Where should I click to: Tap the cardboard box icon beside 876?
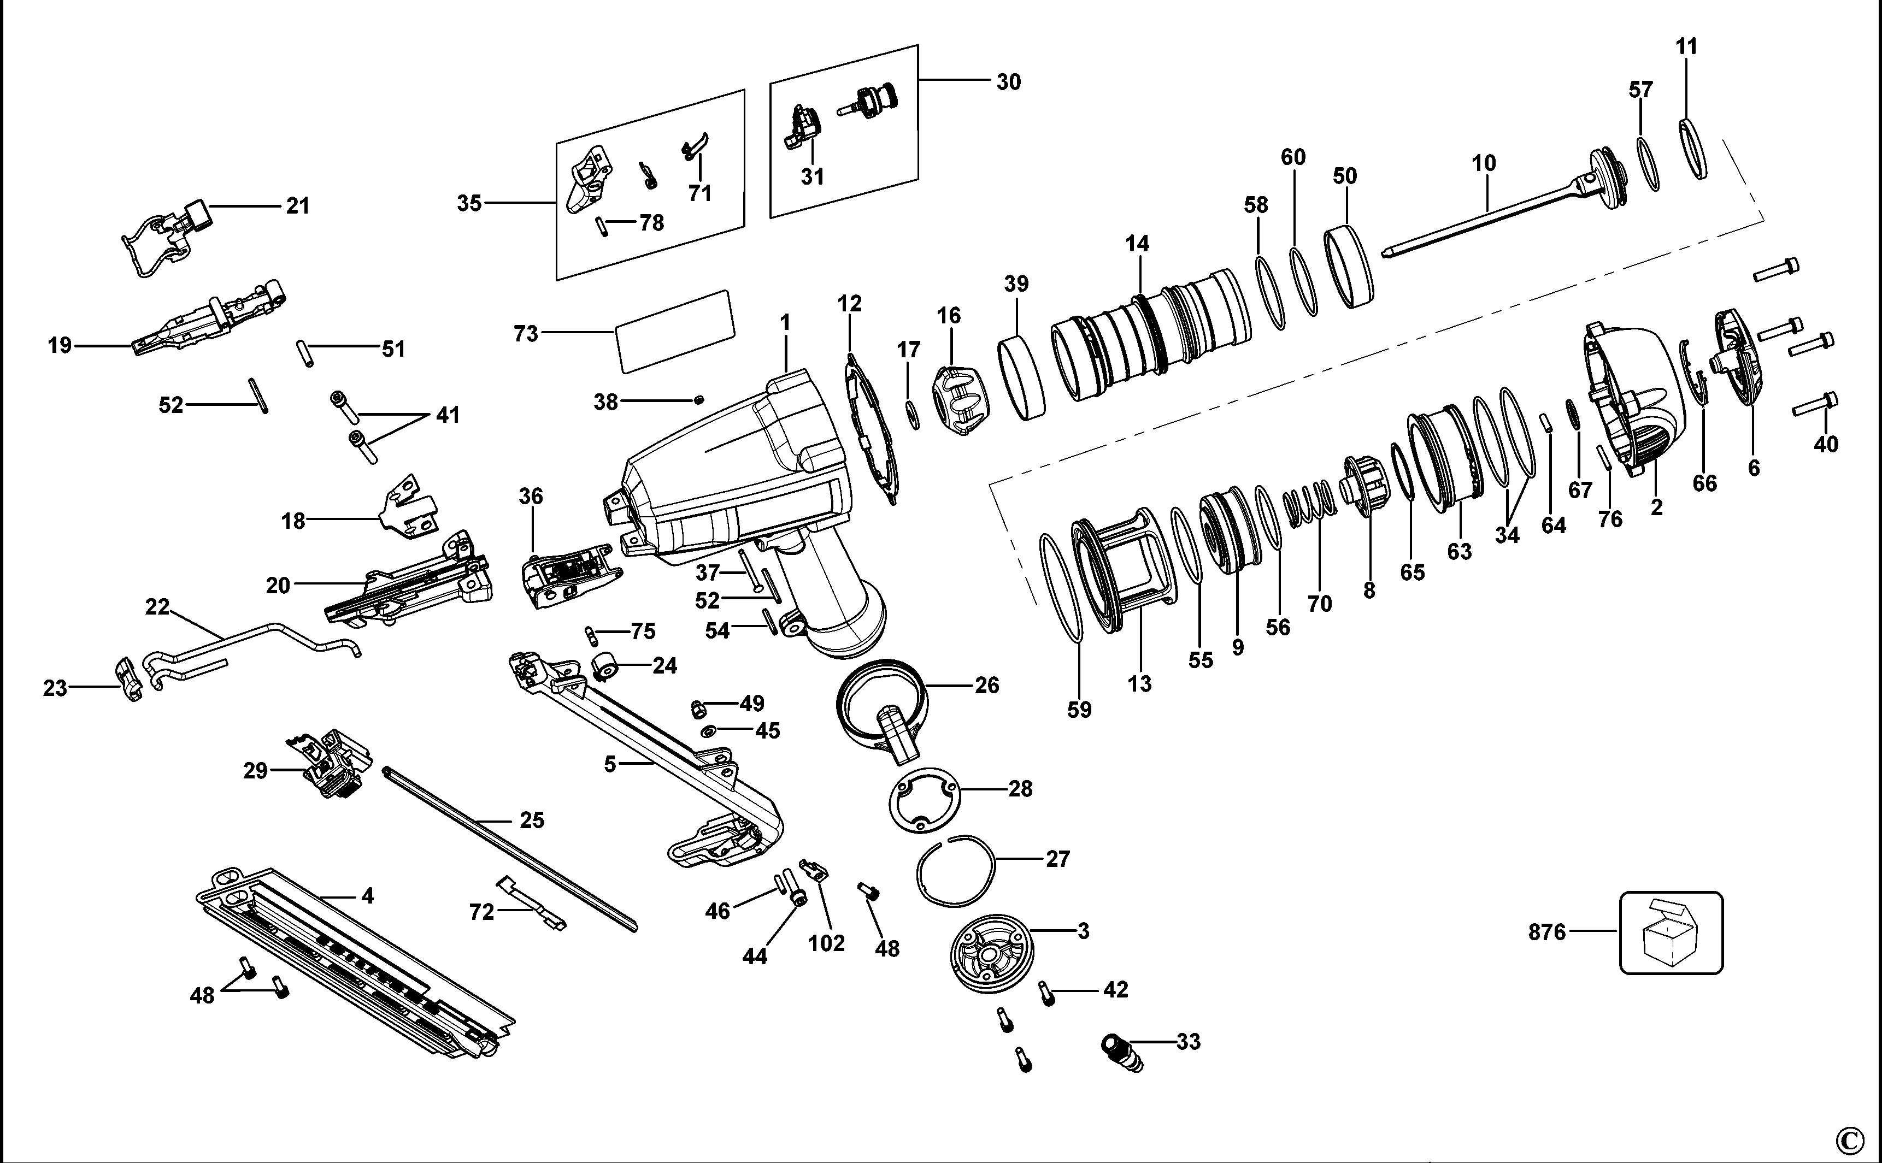tap(1671, 933)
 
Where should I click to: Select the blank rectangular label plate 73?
tap(675, 332)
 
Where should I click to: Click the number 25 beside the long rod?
tap(532, 820)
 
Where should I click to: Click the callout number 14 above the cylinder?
tap(1137, 244)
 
